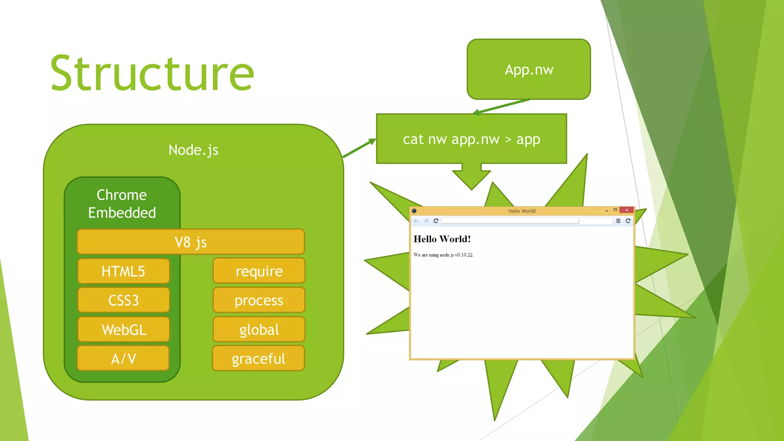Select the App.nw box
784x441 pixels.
(529, 69)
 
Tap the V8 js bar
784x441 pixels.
(191, 242)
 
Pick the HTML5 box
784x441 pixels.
(123, 271)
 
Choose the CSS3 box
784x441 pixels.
(123, 301)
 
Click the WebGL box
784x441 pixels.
(123, 330)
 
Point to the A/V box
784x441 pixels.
(123, 359)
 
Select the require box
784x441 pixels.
(259, 271)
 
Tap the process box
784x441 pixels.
(259, 301)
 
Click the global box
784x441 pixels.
(259, 330)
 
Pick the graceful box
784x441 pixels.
(259, 359)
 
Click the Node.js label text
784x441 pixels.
(193, 150)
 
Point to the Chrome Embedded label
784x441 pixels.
(122, 204)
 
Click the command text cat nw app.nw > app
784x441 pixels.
(471, 139)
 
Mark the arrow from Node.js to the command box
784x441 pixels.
(359, 148)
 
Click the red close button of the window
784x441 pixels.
(627, 210)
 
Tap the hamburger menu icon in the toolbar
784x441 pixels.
(618, 221)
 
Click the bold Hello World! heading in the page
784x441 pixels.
(442, 239)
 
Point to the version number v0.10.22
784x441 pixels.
(464, 255)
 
